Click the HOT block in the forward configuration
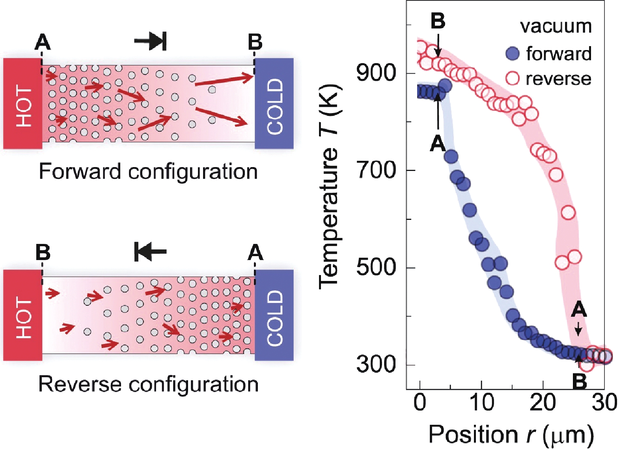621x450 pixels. pos(23,104)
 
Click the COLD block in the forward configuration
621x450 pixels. pos(274,104)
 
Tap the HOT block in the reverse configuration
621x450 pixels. pos(23,315)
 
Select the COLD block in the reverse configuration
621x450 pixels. pos(274,315)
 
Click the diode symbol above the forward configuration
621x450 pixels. pos(151,41)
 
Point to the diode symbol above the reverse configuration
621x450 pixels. pos(151,252)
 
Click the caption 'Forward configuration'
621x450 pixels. pos(148,172)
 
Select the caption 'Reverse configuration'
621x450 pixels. pos(148,384)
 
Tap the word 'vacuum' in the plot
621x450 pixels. pos(556,27)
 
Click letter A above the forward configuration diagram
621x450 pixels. pos(43,43)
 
